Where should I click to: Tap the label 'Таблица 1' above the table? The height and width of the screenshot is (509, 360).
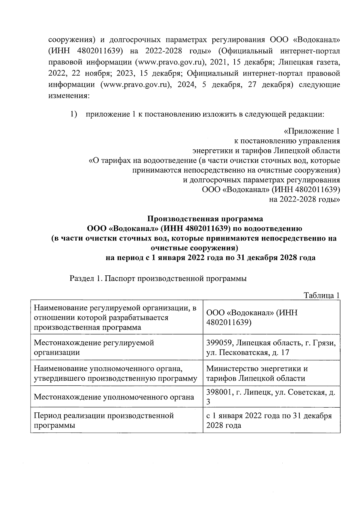click(x=322, y=295)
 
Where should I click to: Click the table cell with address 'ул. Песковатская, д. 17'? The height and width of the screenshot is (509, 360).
click(x=247, y=352)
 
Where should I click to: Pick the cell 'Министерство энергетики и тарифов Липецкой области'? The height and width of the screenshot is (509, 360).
click(x=257, y=373)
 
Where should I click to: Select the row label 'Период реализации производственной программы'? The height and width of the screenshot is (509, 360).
click(x=104, y=421)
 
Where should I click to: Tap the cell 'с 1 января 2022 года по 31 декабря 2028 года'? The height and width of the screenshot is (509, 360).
click(x=269, y=421)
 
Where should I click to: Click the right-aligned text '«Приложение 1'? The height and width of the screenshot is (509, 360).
click(x=312, y=131)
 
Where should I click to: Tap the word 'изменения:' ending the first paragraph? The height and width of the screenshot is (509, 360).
click(x=69, y=96)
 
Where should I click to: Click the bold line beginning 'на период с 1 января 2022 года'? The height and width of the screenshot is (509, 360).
click(x=210, y=258)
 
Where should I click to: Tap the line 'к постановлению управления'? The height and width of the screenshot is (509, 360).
click(x=287, y=141)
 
